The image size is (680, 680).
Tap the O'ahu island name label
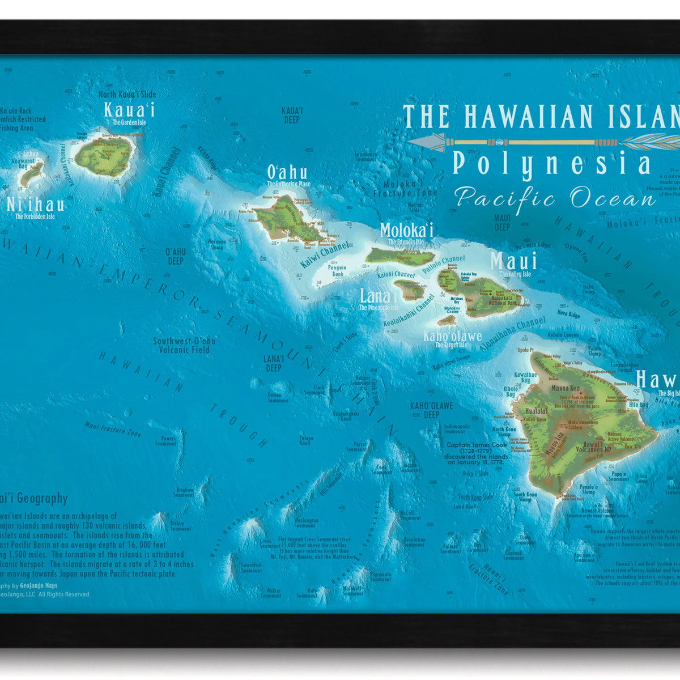pos(287,172)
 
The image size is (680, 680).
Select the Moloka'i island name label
pos(406,230)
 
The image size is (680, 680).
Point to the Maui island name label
pos(513,262)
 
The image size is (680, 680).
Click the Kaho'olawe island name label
pos(452,337)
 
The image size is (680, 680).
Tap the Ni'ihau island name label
pos(35,205)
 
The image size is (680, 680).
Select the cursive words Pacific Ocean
pos(555,199)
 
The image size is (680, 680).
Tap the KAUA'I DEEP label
pos(292,115)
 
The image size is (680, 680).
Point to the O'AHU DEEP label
pos(176,256)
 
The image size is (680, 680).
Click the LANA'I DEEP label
pos(273,363)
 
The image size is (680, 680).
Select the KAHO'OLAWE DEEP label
pos(432,410)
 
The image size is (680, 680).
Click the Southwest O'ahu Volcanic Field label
pos(184,345)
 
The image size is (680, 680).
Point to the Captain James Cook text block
pos(476,453)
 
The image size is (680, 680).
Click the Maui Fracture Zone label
pos(113,429)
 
